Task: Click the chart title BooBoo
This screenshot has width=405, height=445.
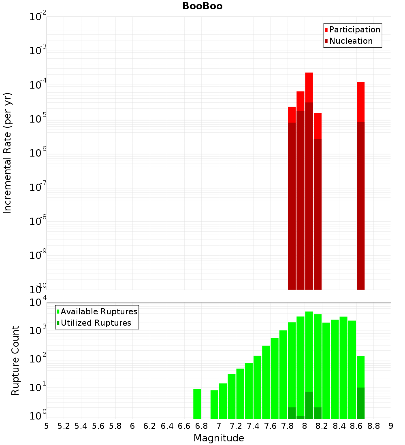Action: coord(202,6)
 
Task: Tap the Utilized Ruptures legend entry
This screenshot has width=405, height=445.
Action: coord(96,323)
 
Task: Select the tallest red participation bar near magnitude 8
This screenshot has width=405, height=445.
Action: coord(309,87)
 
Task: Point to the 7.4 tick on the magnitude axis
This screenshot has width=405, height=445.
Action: coord(253,426)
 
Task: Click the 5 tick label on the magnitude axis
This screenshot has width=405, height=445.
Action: coord(47,426)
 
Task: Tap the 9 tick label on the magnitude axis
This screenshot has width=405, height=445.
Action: coord(391,426)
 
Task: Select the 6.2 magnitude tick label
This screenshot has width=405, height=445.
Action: coord(150,426)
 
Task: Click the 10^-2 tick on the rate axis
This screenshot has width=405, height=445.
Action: coord(38,17)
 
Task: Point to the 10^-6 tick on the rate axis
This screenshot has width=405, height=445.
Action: coord(38,153)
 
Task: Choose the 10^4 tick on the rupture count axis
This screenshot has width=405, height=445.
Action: coord(38,303)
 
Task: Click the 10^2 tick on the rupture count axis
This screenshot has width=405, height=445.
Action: coord(38,360)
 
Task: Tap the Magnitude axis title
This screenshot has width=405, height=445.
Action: coord(219,438)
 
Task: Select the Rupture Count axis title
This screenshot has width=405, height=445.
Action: coord(15,360)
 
